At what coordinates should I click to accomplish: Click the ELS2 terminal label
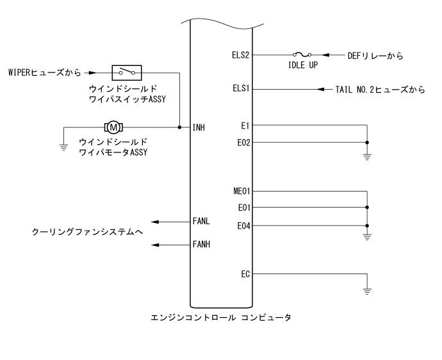[243, 55]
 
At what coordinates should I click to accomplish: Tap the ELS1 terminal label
[243, 89]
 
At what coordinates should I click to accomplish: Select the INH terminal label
[199, 127]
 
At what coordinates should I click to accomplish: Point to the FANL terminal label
[201, 222]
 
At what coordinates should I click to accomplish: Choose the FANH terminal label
[201, 245]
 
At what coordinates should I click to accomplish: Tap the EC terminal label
[246, 274]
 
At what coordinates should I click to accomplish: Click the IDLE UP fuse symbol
[300, 55]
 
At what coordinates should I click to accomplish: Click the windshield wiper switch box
[127, 72]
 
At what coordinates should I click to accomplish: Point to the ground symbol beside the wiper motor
[64, 145]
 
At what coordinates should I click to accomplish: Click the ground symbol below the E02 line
[367, 156]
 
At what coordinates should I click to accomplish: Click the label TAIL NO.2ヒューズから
[381, 89]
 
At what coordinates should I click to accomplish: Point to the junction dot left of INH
[179, 127]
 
